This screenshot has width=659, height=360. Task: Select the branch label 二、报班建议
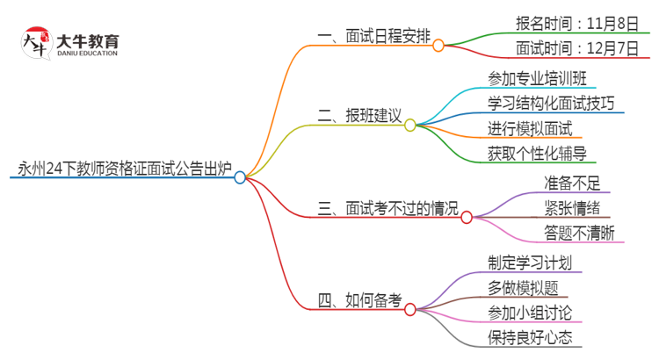click(x=359, y=115)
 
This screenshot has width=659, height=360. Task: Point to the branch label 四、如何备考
click(x=359, y=300)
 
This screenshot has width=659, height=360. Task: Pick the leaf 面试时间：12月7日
click(x=576, y=48)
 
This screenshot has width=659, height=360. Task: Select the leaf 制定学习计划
click(x=530, y=262)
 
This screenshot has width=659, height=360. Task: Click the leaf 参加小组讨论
click(x=530, y=313)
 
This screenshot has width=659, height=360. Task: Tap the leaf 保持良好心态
click(x=530, y=338)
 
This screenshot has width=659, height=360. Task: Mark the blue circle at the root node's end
click(x=240, y=176)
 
